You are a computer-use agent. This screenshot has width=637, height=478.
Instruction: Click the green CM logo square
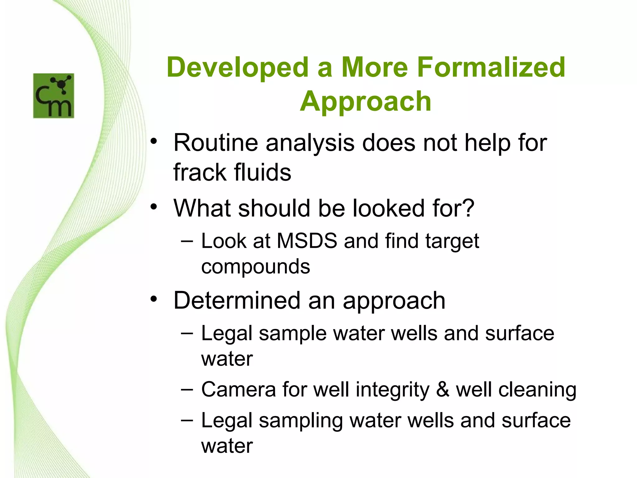point(53,96)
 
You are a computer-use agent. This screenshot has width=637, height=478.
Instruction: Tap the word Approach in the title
point(365,101)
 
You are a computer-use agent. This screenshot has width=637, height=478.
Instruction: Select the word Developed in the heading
point(237,68)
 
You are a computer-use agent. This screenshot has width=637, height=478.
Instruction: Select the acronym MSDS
point(307,241)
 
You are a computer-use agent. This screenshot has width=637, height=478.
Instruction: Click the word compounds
point(255,267)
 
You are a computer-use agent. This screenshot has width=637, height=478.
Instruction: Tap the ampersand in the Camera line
point(443,390)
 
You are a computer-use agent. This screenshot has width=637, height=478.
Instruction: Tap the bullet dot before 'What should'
point(153,207)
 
